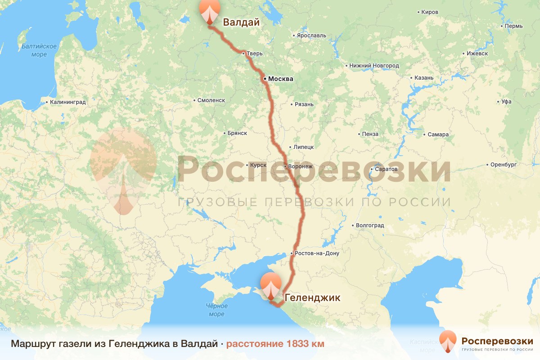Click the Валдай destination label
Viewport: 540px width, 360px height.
pyautogui.click(x=242, y=22)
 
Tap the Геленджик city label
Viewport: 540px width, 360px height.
pyautogui.click(x=313, y=297)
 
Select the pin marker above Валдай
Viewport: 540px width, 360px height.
pyautogui.click(x=210, y=11)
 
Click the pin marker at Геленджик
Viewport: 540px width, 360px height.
pyautogui.click(x=271, y=286)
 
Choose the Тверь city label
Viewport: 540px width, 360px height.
pyautogui.click(x=254, y=54)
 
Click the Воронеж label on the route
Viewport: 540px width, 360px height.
pyautogui.click(x=300, y=166)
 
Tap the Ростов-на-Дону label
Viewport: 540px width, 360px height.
pyautogui.click(x=317, y=253)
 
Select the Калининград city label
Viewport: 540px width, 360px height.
pyautogui.click(x=68, y=103)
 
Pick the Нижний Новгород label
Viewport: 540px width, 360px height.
pyautogui.click(x=374, y=66)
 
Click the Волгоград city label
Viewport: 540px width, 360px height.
pyautogui.click(x=369, y=225)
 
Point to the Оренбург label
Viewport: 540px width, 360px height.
pyautogui.click(x=504, y=165)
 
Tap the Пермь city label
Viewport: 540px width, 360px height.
pyautogui.click(x=513, y=26)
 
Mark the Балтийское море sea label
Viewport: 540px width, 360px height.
pyautogui.click(x=39, y=50)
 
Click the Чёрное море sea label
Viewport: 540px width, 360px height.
pyautogui.click(x=216, y=310)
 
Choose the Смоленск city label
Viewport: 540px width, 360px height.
pyautogui.click(x=211, y=100)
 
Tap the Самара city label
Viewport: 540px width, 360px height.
pyautogui.click(x=438, y=135)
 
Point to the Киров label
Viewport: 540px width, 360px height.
pyautogui.click(x=430, y=12)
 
